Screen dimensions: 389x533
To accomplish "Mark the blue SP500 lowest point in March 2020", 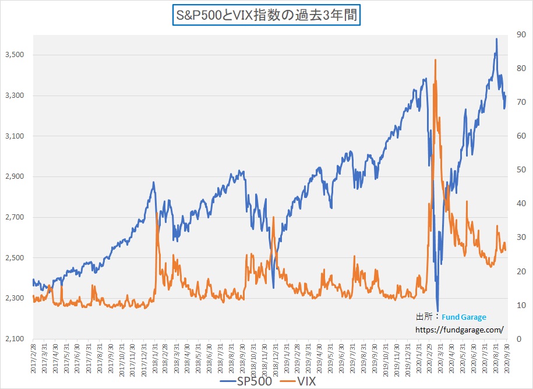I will [437, 312].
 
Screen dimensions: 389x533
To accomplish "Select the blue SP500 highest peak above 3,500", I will [496, 39].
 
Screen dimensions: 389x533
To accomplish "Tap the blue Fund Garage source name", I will [464, 317].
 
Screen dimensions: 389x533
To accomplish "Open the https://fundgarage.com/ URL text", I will [460, 330].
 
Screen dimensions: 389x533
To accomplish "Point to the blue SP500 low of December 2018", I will [273, 288].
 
